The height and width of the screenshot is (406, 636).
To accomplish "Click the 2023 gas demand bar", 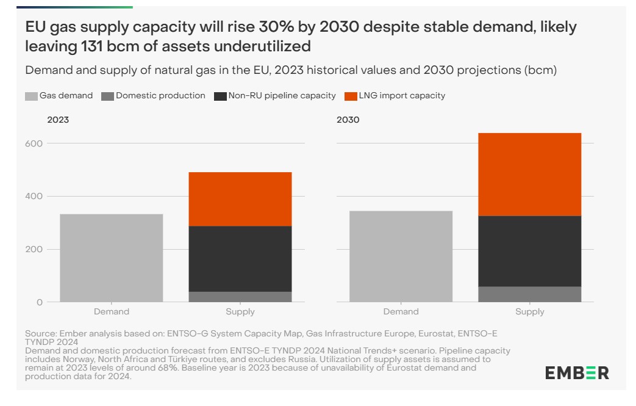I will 112,258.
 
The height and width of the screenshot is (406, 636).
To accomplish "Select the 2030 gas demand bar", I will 401,256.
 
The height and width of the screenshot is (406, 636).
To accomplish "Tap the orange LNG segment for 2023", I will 240,199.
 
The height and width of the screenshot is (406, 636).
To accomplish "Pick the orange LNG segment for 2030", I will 529,175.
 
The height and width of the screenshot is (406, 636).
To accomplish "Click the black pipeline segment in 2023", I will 240,259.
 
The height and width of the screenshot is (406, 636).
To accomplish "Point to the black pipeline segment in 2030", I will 529,251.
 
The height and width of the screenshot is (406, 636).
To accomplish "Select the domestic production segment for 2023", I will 240,297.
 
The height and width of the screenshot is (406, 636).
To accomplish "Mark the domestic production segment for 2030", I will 529,294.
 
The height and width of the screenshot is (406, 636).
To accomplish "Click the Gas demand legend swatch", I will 32,96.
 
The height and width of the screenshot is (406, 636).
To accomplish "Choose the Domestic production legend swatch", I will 108,96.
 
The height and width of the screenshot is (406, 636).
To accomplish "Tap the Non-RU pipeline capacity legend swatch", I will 220,96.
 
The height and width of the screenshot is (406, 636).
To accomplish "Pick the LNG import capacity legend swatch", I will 351,96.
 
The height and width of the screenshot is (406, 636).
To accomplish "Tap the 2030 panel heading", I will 348,120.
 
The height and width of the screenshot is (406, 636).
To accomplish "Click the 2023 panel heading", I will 58,120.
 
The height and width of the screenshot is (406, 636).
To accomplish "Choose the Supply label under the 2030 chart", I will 529,312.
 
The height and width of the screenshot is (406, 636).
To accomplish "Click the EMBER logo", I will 577,372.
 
